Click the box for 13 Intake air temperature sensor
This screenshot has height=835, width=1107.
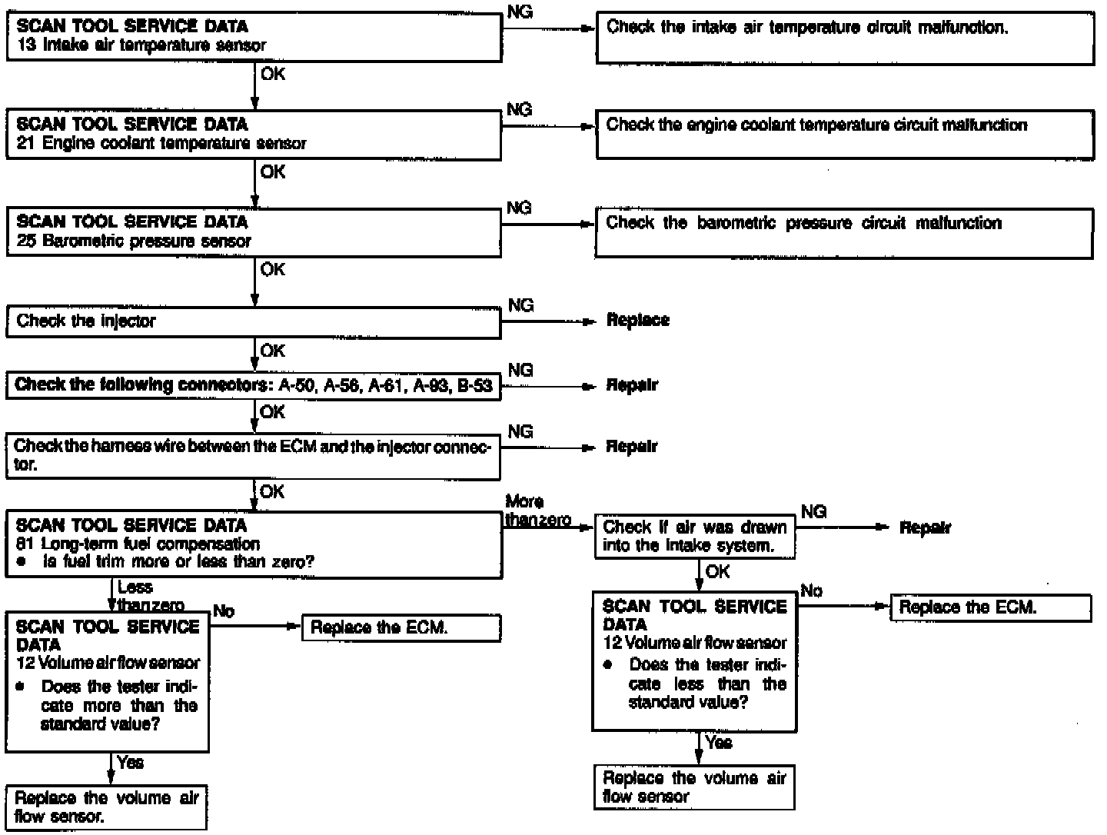pyautogui.click(x=254, y=36)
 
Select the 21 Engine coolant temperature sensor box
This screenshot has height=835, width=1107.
pyautogui.click(x=254, y=134)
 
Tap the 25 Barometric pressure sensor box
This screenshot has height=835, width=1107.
pyautogui.click(x=254, y=231)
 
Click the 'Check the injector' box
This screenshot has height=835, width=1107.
pyautogui.click(x=254, y=321)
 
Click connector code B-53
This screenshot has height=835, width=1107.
pyautogui.click(x=474, y=385)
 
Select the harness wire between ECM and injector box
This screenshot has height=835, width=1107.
pyautogui.click(x=254, y=455)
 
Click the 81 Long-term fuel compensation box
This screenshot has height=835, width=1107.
pyautogui.click(x=254, y=544)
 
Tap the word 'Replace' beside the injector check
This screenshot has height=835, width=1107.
pyautogui.click(x=637, y=320)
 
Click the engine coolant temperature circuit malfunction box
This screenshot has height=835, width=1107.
pyautogui.click(x=844, y=134)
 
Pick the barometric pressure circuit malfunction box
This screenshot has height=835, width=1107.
pyautogui.click(x=844, y=232)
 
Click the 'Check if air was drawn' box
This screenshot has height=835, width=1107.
pyautogui.click(x=695, y=537)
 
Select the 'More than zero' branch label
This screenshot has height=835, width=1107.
pyautogui.click(x=537, y=511)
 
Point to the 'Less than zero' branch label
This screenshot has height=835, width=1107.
pyautogui.click(x=146, y=597)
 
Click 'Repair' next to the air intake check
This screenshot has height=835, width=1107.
pyautogui.click(x=925, y=528)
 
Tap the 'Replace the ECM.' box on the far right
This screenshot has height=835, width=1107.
pyautogui.click(x=990, y=607)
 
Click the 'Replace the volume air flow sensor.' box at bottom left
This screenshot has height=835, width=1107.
pyautogui.click(x=106, y=807)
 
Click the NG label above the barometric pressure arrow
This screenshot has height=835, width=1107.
pyautogui.click(x=520, y=208)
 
